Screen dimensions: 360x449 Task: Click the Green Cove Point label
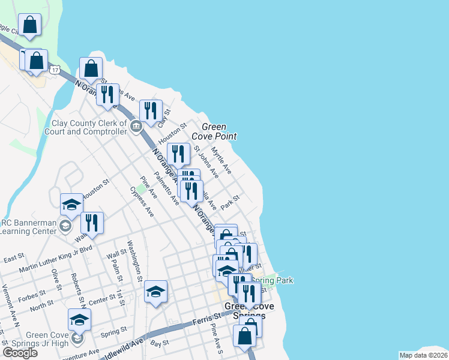pyautogui.click(x=214, y=131)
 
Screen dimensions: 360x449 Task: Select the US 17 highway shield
pyautogui.click(x=55, y=70)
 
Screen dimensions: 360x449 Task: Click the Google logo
pyautogui.click(x=20, y=353)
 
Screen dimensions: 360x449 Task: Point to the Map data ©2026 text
pyautogui.click(x=424, y=355)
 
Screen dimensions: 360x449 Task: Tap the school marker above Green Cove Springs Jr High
pyautogui.click(x=79, y=320)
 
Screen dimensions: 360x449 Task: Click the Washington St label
pyautogui.click(x=133, y=261)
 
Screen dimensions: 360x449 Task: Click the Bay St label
pyautogui.click(x=157, y=344)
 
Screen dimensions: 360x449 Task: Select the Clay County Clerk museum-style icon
pyautogui.click(x=136, y=126)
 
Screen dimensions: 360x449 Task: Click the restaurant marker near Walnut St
pyautogui.click(x=92, y=223)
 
